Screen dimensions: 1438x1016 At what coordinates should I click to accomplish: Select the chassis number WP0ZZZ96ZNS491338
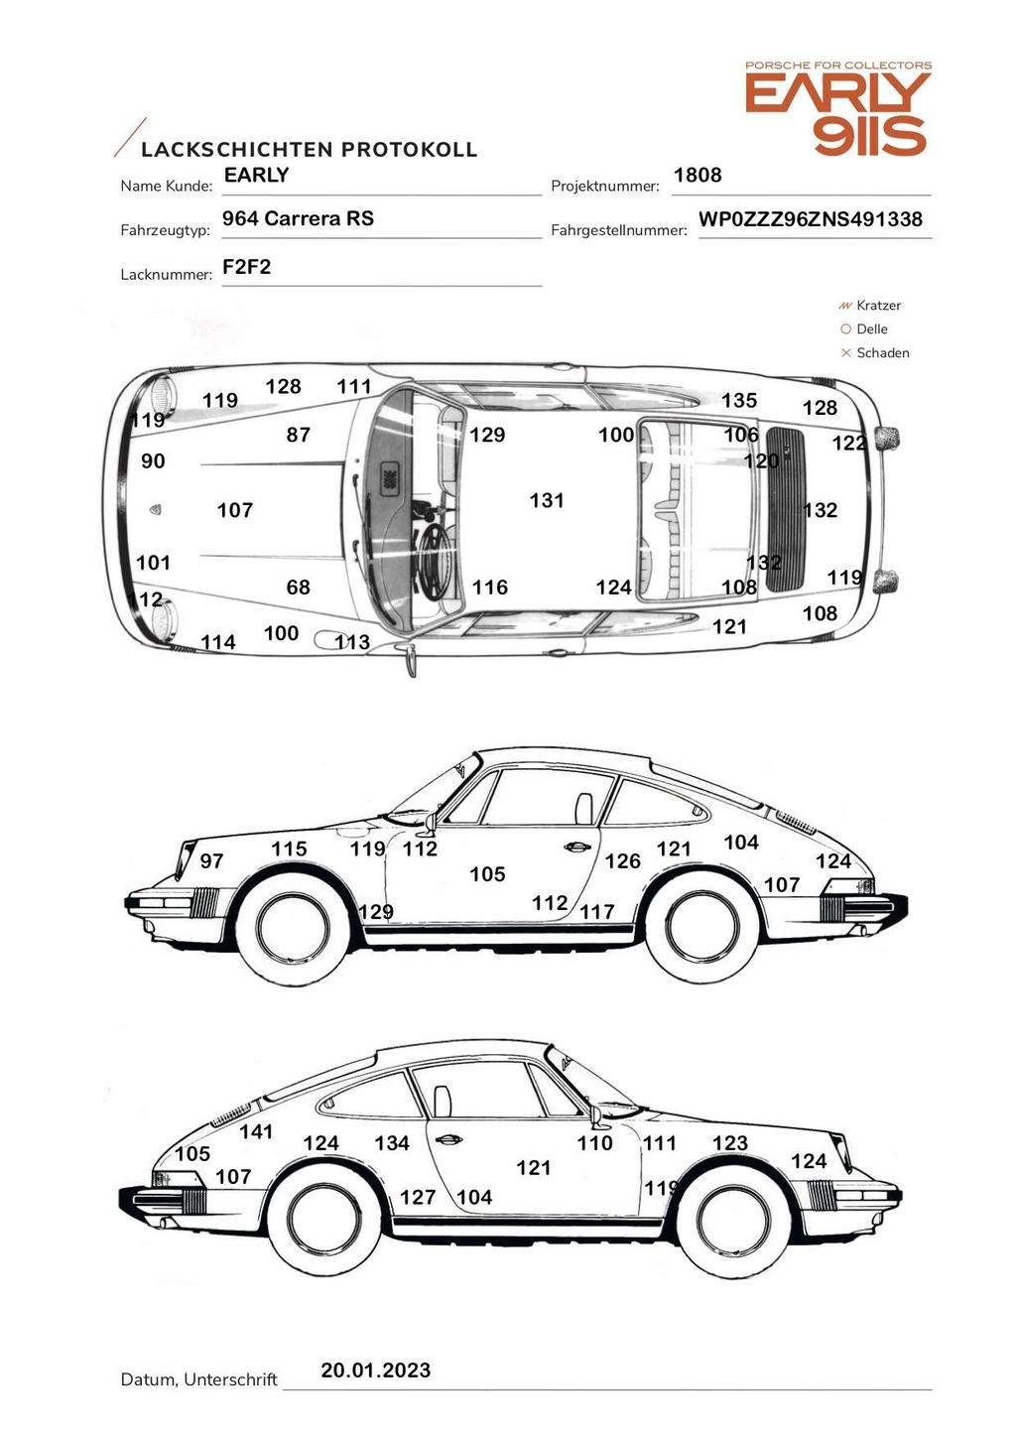click(x=811, y=219)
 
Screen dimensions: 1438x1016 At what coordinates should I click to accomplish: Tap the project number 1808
click(x=698, y=176)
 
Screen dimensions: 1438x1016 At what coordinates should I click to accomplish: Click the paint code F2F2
click(x=246, y=267)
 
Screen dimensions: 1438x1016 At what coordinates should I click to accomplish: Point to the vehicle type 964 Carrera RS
click(x=298, y=219)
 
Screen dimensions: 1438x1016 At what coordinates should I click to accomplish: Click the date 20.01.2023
click(x=375, y=1371)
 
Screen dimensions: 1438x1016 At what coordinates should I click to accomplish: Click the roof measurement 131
click(x=547, y=501)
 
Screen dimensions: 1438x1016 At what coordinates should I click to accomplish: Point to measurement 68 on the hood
click(x=298, y=588)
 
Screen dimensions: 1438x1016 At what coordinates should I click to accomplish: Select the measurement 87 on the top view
click(x=298, y=435)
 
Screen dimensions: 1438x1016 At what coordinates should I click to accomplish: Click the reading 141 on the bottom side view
click(x=256, y=1131)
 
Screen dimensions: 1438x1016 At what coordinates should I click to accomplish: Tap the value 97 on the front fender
click(x=211, y=861)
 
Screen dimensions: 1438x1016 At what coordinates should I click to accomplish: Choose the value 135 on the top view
click(x=739, y=401)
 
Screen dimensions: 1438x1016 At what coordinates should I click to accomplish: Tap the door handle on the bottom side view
click(x=447, y=1139)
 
